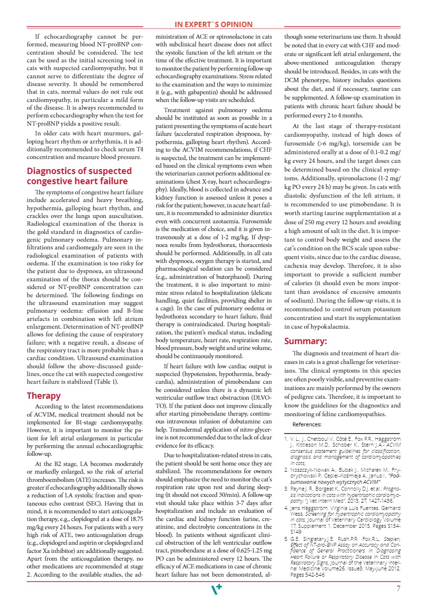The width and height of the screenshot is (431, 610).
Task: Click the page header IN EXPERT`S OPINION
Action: click(x=214, y=25)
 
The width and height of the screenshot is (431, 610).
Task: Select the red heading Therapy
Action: click(x=43, y=396)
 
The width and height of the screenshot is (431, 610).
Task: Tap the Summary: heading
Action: click(x=305, y=341)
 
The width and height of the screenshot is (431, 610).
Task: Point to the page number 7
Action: click(x=398, y=589)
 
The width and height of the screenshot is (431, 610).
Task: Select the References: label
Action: click(x=307, y=424)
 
